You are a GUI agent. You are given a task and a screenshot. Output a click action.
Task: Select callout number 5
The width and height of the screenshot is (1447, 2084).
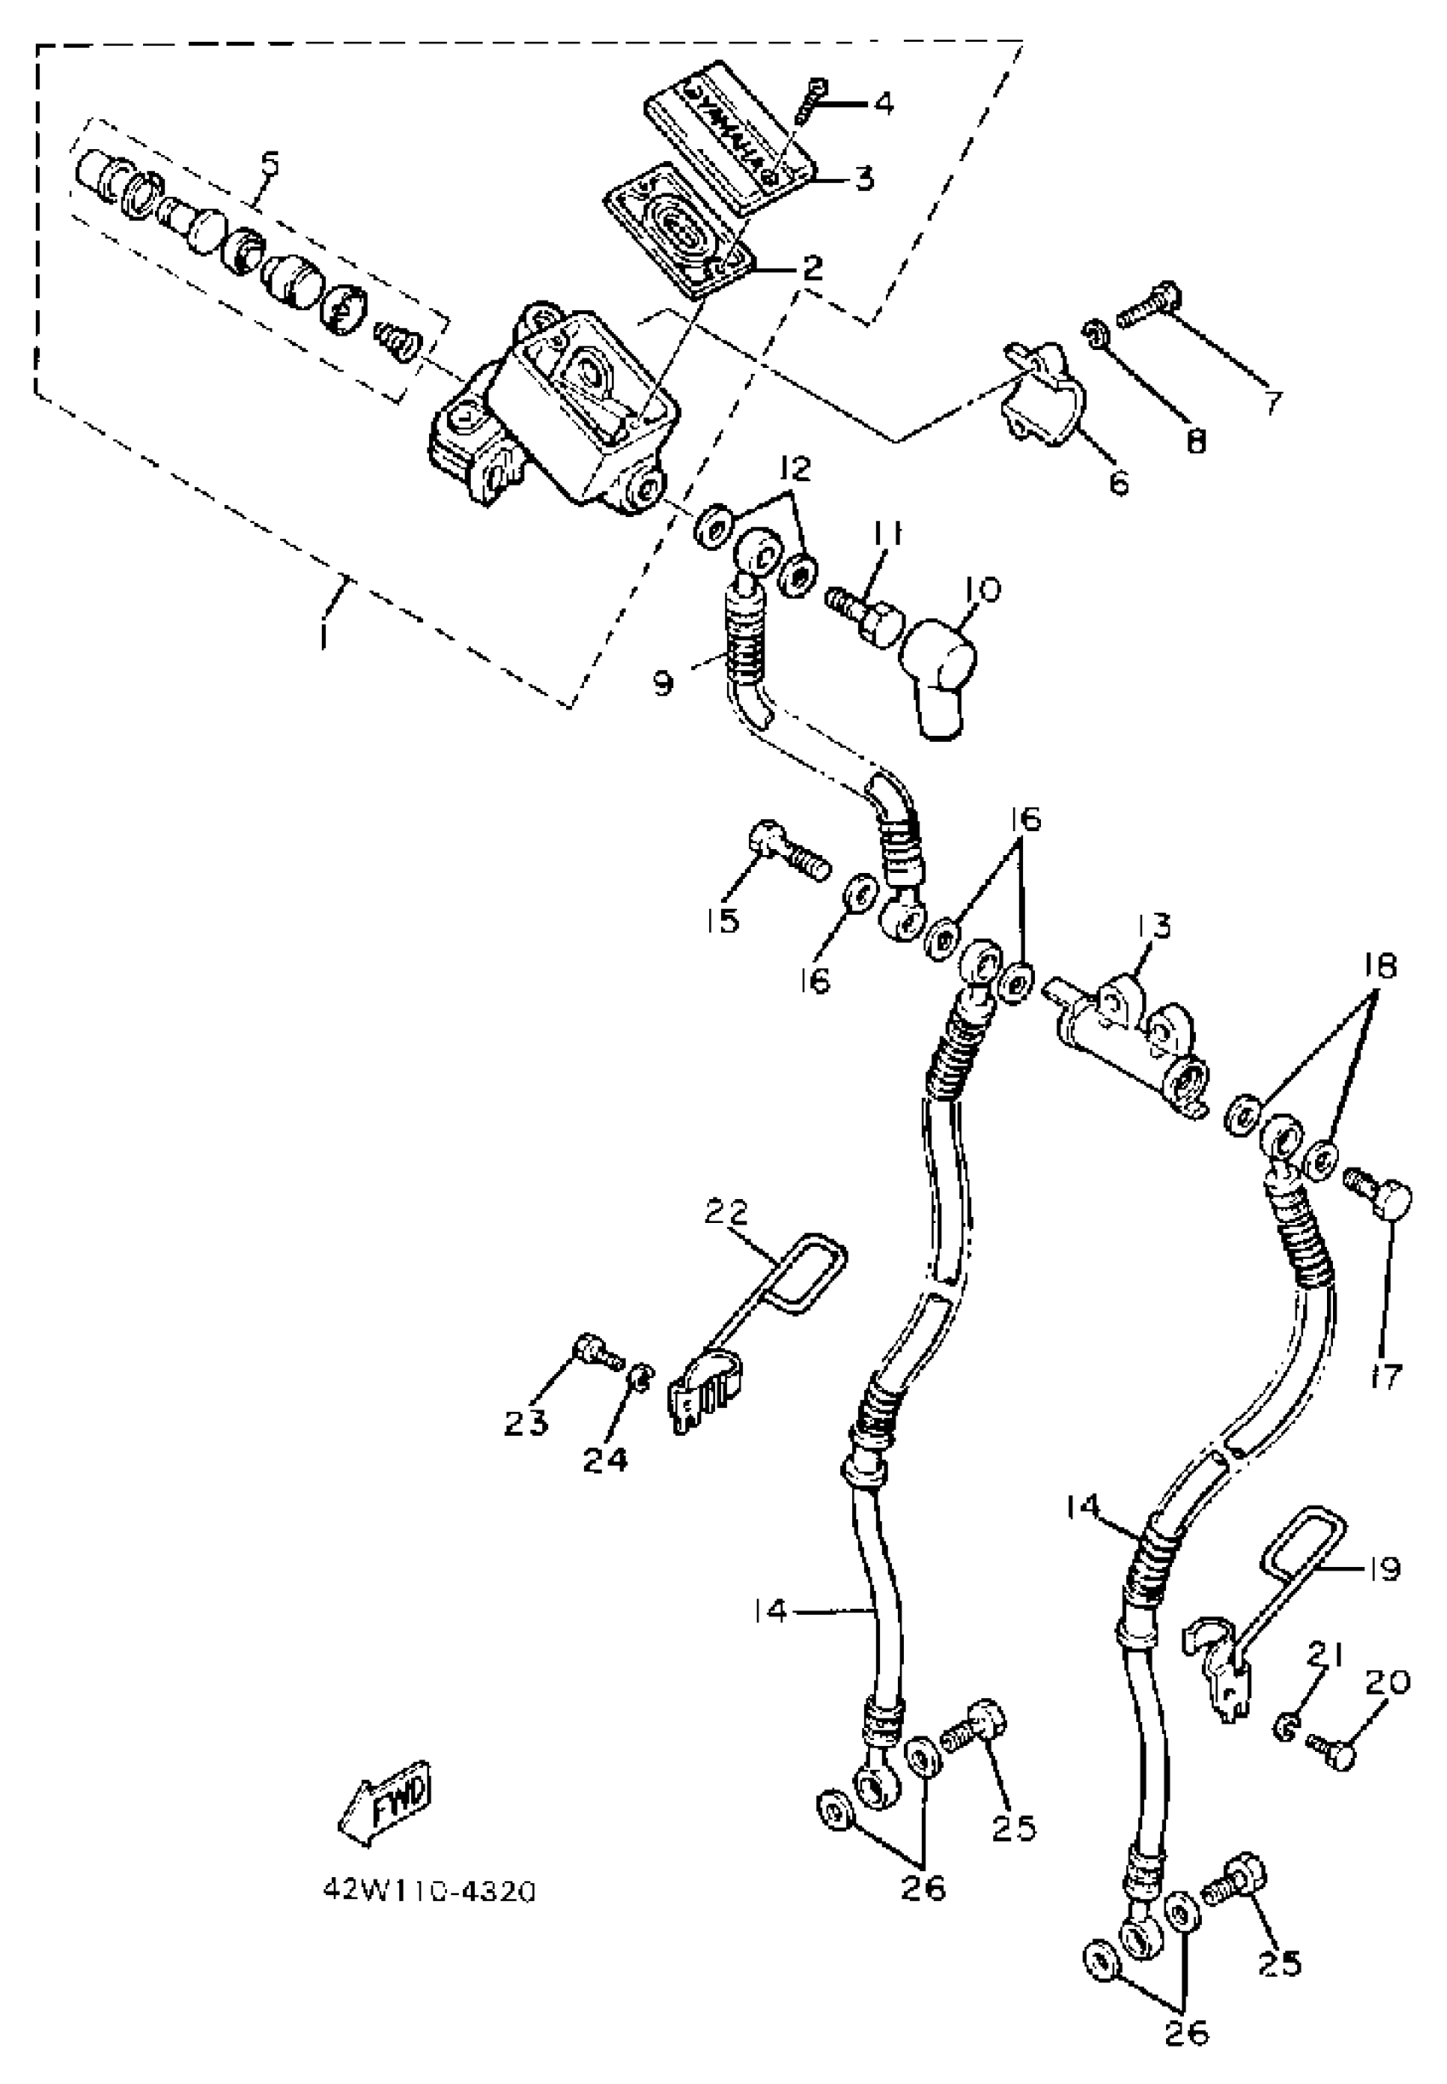click(269, 165)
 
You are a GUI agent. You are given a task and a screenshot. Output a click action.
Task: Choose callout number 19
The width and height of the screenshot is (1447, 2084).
click(1383, 1568)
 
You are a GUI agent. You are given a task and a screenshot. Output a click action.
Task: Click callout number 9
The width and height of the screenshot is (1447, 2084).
click(664, 684)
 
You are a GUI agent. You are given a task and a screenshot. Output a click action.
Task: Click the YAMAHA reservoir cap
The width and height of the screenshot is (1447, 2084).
click(731, 136)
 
